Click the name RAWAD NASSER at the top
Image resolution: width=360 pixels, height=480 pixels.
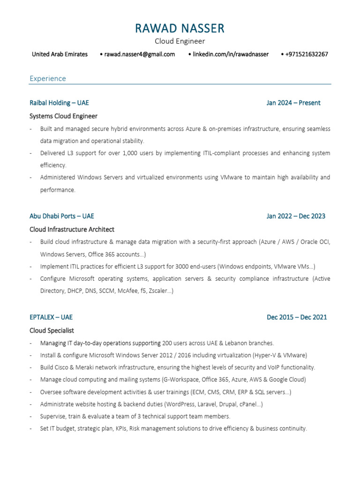(x=180, y=29)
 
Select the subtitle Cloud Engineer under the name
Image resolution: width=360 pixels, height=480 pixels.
(x=180, y=42)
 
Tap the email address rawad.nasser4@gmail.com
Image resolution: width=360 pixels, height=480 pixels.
(x=139, y=54)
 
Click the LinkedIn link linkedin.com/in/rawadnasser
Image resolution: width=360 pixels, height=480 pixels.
(x=231, y=54)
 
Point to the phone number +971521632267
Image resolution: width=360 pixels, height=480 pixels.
(x=307, y=54)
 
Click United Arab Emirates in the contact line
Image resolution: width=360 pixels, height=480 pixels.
(x=60, y=54)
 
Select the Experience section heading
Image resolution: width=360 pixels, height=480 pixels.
(x=48, y=78)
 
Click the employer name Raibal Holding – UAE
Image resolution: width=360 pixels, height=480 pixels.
(x=59, y=103)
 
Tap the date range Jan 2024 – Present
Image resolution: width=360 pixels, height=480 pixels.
(x=293, y=103)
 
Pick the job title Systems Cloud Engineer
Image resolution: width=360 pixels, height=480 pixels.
(x=63, y=116)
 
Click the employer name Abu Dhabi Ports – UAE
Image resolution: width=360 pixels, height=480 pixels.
(x=61, y=216)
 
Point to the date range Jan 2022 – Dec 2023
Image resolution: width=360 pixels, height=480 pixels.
(x=296, y=216)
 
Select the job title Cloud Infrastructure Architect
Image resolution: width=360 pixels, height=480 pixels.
(x=72, y=229)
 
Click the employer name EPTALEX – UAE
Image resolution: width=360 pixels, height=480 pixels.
(x=51, y=317)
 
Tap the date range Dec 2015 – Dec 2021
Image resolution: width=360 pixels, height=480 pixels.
(x=297, y=317)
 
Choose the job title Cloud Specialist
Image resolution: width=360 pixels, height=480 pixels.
(x=52, y=330)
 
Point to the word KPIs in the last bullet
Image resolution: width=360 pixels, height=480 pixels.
(x=121, y=428)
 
